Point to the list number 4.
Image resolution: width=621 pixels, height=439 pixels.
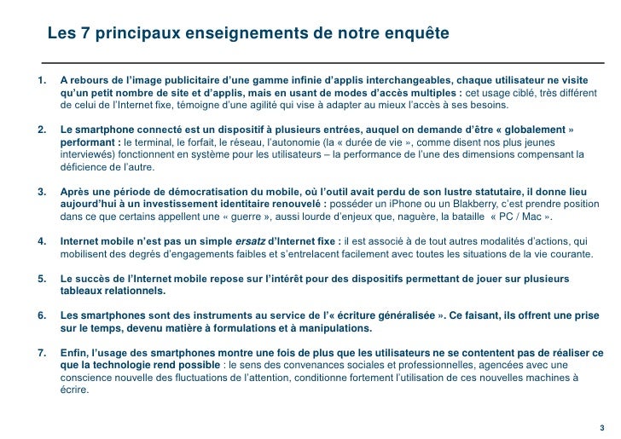[x=38, y=241]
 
